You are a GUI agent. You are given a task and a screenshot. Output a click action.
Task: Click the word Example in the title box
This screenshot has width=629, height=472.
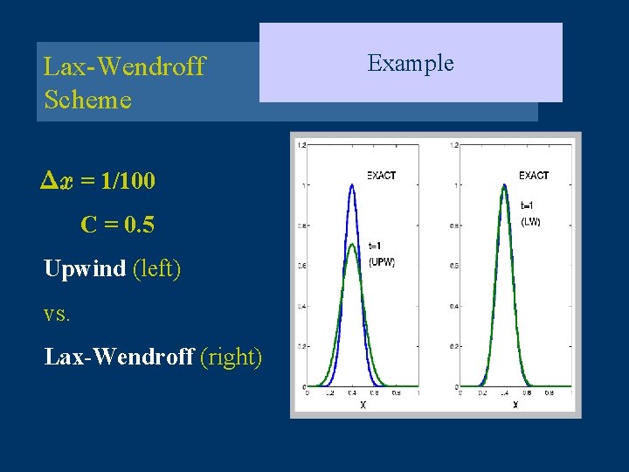(x=410, y=63)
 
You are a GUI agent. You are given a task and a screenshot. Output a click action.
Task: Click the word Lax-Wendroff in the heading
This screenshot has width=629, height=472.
(x=124, y=66)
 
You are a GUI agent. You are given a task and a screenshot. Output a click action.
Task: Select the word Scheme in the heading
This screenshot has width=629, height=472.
(x=87, y=100)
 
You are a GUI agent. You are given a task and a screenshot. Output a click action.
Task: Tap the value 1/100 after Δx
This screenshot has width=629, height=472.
(x=128, y=182)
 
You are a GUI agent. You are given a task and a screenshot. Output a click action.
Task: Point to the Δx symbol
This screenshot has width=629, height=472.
(x=58, y=182)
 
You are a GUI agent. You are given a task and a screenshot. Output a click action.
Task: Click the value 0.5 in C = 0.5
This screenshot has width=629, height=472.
(x=140, y=226)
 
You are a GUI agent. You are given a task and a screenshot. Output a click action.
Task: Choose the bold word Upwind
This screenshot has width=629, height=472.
(x=85, y=268)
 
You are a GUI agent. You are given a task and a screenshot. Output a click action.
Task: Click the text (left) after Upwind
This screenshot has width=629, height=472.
(x=156, y=268)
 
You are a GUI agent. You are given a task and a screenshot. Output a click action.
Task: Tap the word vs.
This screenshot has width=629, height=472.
(x=56, y=313)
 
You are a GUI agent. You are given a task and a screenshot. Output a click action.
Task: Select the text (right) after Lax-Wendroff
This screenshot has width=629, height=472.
(x=231, y=357)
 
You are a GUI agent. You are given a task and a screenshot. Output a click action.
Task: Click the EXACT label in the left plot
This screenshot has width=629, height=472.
(x=381, y=176)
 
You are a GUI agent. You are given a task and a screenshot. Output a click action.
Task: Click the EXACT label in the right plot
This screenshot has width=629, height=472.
(x=533, y=176)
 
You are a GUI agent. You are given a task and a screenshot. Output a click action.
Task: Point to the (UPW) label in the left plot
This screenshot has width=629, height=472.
(x=382, y=261)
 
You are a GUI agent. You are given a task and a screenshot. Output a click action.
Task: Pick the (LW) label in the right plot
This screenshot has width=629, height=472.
(x=530, y=221)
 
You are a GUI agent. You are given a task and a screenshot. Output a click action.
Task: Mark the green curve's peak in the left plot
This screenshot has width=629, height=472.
(x=351, y=246)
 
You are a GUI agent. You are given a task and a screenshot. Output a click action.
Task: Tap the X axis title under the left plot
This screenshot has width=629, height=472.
(x=363, y=405)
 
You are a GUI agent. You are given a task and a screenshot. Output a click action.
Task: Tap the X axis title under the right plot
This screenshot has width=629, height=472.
(x=515, y=405)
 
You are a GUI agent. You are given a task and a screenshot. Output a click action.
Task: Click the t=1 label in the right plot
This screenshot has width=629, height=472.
(x=528, y=205)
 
